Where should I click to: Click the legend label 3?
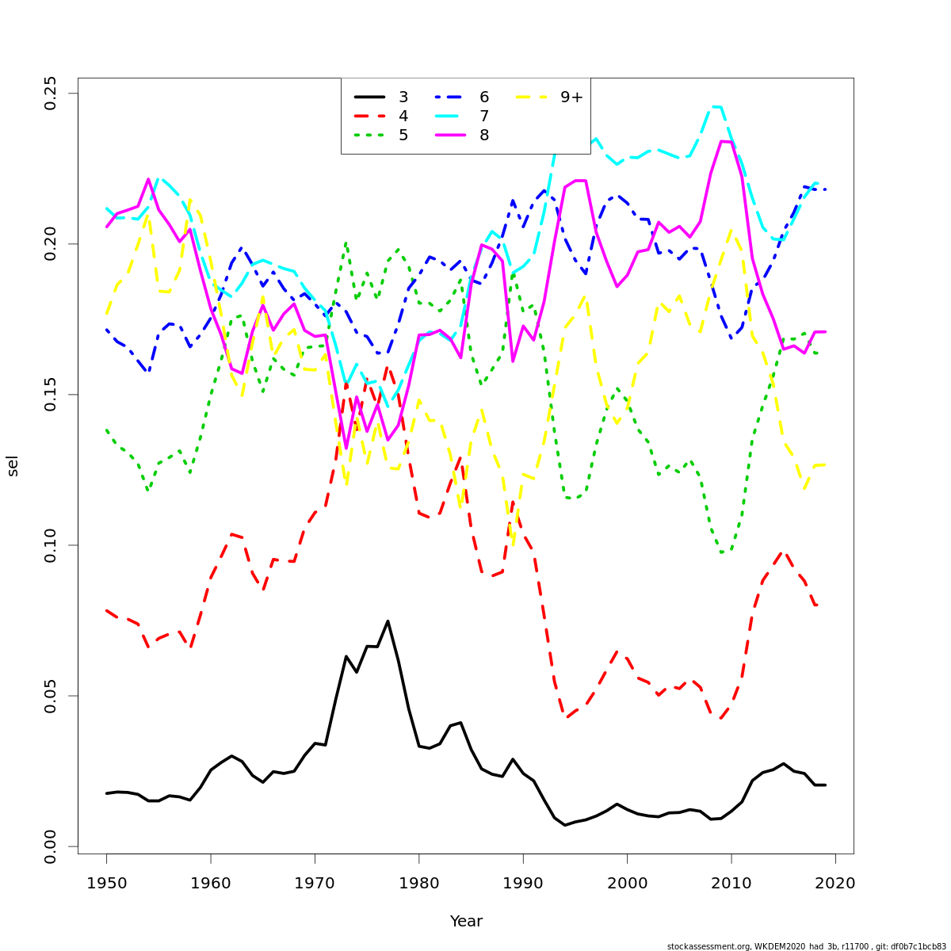pyautogui.click(x=403, y=97)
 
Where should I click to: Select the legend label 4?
pyautogui.click(x=403, y=116)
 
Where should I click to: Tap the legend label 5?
pyautogui.click(x=403, y=136)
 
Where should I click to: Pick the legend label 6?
pyautogui.click(x=484, y=97)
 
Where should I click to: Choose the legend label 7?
pyautogui.click(x=484, y=116)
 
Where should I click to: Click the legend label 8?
pyautogui.click(x=484, y=136)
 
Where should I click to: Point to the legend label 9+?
pyautogui.click(x=571, y=97)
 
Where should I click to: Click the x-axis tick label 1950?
pyautogui.click(x=106, y=883)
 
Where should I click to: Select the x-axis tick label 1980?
pyautogui.click(x=419, y=883)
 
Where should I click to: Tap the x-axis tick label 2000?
pyautogui.click(x=628, y=883)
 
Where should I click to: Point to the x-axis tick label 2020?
pyautogui.click(x=835, y=883)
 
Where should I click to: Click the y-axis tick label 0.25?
pyautogui.click(x=51, y=94)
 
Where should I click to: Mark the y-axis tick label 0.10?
pyautogui.click(x=51, y=545)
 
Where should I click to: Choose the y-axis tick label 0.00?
pyautogui.click(x=51, y=846)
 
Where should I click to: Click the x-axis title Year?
pyautogui.click(x=466, y=922)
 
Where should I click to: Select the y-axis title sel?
pyautogui.click(x=13, y=466)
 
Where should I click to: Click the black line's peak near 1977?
pyautogui.click(x=388, y=621)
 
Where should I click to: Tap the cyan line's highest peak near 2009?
pyautogui.click(x=716, y=106)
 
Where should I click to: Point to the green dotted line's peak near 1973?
pyautogui.click(x=346, y=243)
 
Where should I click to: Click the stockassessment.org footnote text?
pyautogui.click(x=806, y=946)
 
